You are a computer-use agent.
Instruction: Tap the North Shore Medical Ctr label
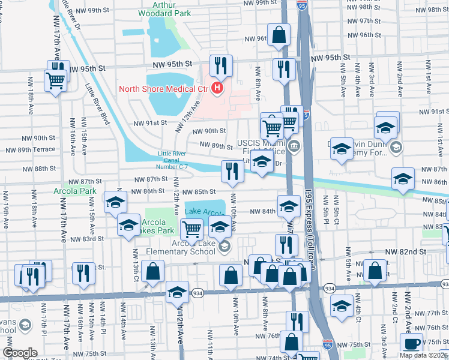(163, 89)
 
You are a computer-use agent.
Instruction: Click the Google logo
(20, 353)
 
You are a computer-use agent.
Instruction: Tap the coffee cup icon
(411, 343)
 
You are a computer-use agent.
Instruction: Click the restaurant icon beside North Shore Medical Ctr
(221, 66)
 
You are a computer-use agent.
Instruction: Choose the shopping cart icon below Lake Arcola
(191, 228)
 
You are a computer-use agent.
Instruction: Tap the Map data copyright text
(423, 355)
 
